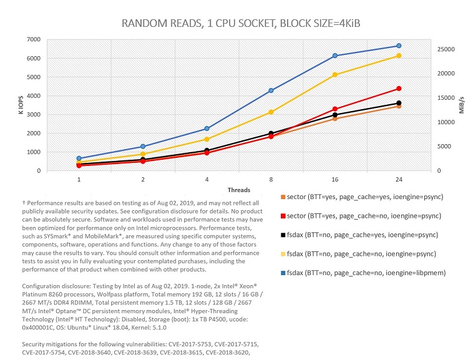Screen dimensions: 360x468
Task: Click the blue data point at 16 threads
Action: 335,56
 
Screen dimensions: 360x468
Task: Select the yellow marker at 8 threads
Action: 271,112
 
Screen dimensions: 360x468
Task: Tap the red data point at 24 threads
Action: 399,89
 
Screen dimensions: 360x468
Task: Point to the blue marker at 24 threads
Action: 399,46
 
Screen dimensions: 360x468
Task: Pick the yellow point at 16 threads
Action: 335,75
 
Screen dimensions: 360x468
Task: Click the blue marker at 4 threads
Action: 207,129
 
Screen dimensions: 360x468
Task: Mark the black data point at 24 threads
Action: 399,103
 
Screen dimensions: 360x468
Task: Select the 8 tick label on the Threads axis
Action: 271,179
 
